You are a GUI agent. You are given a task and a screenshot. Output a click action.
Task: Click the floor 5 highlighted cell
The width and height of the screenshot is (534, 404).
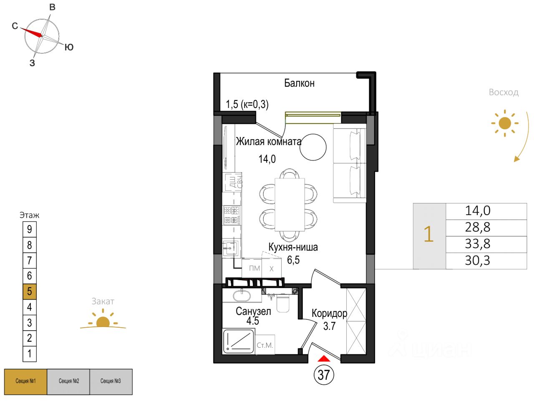click(x=29, y=291)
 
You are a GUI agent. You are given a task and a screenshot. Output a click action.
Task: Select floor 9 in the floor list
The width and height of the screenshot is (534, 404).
click(x=29, y=229)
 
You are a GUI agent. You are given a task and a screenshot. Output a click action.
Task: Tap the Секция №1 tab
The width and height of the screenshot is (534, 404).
click(x=25, y=381)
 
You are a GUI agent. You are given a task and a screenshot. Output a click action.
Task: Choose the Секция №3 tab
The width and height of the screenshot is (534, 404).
click(x=111, y=381)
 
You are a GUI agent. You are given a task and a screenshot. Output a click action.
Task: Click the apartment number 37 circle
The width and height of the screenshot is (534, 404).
click(x=324, y=375)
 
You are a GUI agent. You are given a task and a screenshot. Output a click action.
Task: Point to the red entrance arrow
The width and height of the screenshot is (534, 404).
click(x=324, y=358)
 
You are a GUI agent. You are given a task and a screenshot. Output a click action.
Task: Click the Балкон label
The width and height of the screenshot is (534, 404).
click(x=299, y=83)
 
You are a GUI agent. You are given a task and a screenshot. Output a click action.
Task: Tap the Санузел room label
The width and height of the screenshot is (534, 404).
click(x=253, y=311)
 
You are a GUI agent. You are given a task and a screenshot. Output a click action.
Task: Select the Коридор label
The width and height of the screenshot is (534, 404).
click(x=329, y=313)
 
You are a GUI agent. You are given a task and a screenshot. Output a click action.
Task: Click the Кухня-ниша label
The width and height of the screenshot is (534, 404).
click(x=293, y=247)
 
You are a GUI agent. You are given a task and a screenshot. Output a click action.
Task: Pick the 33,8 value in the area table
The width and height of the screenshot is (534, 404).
click(x=478, y=244)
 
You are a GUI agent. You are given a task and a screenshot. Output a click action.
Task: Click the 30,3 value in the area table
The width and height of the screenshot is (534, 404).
click(x=478, y=261)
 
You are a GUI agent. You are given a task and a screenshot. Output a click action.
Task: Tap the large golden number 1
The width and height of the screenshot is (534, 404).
click(x=428, y=234)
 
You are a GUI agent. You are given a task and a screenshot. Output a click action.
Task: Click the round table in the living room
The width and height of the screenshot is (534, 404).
click(x=313, y=147)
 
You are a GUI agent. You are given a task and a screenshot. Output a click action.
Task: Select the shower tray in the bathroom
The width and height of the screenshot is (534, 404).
click(x=239, y=341)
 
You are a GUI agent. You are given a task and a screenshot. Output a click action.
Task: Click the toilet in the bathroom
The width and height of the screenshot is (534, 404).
click(x=283, y=303)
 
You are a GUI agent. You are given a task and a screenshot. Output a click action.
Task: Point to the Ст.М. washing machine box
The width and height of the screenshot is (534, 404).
click(x=265, y=345)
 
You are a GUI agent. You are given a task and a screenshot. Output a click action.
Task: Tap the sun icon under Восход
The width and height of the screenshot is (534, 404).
click(x=504, y=123)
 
